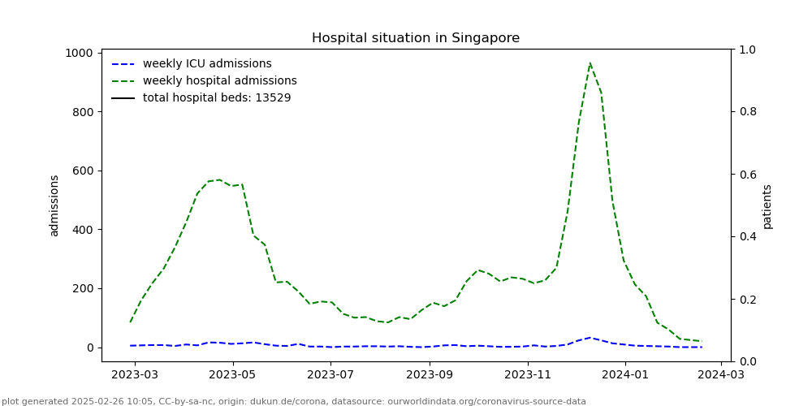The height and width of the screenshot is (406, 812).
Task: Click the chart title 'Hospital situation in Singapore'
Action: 416,38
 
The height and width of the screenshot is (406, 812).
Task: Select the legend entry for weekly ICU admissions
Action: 207,64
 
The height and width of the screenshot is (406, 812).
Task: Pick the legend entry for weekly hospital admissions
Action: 219,81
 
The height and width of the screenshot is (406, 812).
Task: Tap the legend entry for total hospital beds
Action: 216,98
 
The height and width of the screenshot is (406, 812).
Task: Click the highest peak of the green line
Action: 590,63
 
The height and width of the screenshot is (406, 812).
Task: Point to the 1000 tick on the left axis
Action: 80,53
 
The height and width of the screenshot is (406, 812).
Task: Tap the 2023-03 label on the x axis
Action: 135,374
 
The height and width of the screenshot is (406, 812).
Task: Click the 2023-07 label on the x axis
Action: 330,374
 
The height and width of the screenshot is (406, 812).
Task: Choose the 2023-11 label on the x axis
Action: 528,374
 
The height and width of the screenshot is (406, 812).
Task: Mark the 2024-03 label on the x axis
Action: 722,374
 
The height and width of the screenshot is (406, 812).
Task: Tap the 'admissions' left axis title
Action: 54,205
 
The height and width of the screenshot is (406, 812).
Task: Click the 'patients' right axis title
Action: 767,205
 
